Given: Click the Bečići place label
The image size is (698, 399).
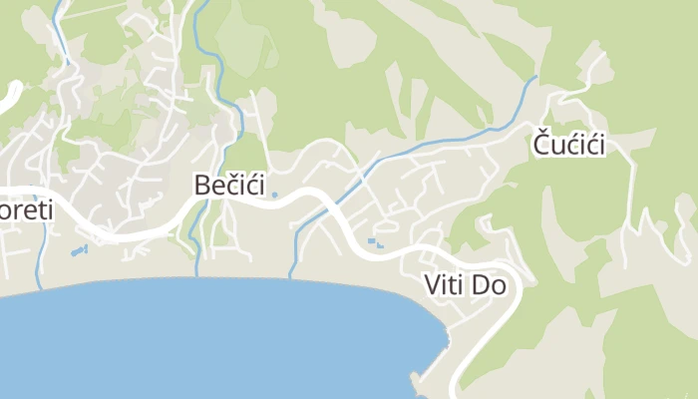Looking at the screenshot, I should pyautogui.click(x=229, y=185).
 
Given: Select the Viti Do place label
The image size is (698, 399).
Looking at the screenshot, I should pyautogui.click(x=466, y=285).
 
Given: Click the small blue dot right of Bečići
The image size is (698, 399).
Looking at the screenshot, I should pyautogui.click(x=275, y=195).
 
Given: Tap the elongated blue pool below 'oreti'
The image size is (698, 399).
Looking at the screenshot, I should pyautogui.click(x=80, y=250).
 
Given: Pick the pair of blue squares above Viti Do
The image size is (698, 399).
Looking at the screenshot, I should pyautogui.click(x=374, y=242).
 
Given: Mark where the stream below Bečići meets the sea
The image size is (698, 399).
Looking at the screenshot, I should pyautogui.click(x=196, y=275).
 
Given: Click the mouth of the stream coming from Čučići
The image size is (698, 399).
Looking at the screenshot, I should pyautogui.click(x=291, y=276).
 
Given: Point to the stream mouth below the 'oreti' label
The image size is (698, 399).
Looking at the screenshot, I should pyautogui.click(x=40, y=287).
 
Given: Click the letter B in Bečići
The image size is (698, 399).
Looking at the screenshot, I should pyautogui.click(x=202, y=185).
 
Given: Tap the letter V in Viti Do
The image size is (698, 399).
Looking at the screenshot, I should pyautogui.click(x=432, y=285).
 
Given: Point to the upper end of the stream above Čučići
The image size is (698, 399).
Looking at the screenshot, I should pyautogui.click(x=535, y=78).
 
